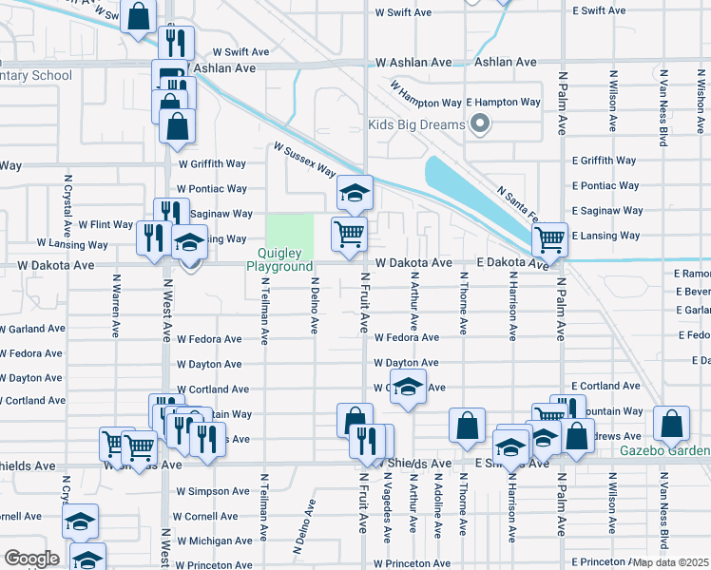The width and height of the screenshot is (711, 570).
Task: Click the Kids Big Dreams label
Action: click(416, 124)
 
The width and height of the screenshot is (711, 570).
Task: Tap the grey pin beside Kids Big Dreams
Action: click(480, 124)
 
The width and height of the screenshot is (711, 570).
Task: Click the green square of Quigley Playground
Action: click(289, 230)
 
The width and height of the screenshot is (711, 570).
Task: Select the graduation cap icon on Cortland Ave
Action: click(408, 388)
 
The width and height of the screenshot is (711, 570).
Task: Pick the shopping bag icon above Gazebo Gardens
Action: click(672, 427)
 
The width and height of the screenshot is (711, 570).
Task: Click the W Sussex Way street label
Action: click(304, 160)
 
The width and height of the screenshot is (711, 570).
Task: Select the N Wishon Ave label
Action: click(700, 99)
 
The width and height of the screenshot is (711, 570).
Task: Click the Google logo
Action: click(31, 559)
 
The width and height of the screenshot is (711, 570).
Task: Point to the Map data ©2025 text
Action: click(670, 562)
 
